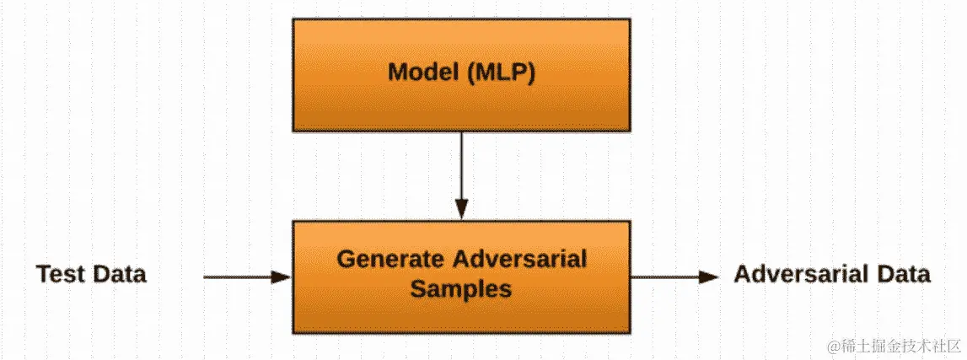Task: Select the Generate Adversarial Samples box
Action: pyautogui.click(x=461, y=276)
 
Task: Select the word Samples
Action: pyautogui.click(x=460, y=289)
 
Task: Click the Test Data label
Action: pyautogui.click(x=91, y=274)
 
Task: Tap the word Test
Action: pyautogui.click(x=61, y=274)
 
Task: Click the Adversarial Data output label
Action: pyautogui.click(x=832, y=274)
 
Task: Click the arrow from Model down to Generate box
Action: pyautogui.click(x=461, y=173)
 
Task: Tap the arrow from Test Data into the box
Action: pyautogui.click(x=244, y=276)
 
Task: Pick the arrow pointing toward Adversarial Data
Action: pyautogui.click(x=674, y=276)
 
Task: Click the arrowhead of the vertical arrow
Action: pyautogui.click(x=461, y=210)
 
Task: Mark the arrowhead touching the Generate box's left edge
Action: pyautogui.click(x=282, y=276)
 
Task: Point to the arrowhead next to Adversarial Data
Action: pyautogui.click(x=710, y=276)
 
